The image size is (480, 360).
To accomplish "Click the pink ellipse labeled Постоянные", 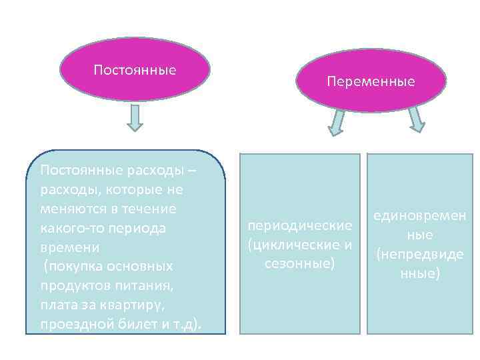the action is pyautogui.click(x=135, y=69).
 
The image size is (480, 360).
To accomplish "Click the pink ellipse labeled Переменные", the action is pyautogui.click(x=371, y=81).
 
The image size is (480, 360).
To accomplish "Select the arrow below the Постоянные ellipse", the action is pyautogui.click(x=135, y=117).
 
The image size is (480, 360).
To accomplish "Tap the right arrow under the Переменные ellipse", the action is pyautogui.click(x=416, y=121).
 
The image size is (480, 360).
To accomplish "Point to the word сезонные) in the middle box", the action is pyautogui.click(x=299, y=263).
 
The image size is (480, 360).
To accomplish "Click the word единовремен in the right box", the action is pyautogui.click(x=420, y=216).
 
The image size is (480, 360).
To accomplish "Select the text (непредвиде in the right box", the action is pyautogui.click(x=420, y=254).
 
